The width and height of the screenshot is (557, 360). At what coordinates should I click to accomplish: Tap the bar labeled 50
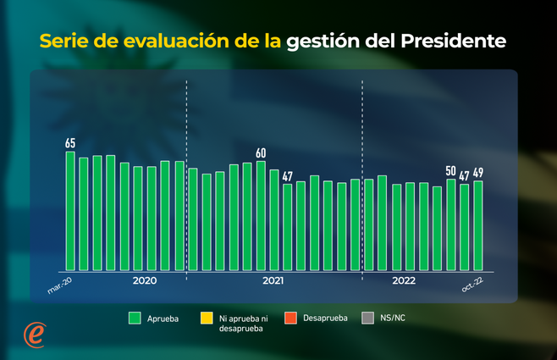click(x=451, y=225)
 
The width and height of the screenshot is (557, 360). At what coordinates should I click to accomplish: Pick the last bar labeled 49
click(x=478, y=226)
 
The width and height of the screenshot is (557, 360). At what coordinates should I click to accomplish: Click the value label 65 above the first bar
click(x=70, y=143)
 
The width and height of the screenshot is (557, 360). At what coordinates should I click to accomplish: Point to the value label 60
click(x=261, y=153)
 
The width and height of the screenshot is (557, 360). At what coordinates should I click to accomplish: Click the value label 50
click(x=450, y=171)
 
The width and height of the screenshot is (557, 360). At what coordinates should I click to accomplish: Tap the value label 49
click(x=478, y=173)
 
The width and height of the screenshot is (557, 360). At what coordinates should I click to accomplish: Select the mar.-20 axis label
click(x=60, y=289)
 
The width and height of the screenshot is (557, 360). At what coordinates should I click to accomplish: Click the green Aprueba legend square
click(x=134, y=318)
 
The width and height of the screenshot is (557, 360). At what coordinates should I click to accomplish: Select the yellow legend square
click(x=206, y=318)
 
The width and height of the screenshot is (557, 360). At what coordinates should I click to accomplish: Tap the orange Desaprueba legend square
click(x=290, y=318)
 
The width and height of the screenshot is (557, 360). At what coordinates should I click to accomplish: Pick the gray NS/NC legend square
click(x=367, y=318)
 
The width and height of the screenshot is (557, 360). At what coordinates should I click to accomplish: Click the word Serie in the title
click(x=63, y=41)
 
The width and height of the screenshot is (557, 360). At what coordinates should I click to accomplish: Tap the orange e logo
click(x=34, y=334)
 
